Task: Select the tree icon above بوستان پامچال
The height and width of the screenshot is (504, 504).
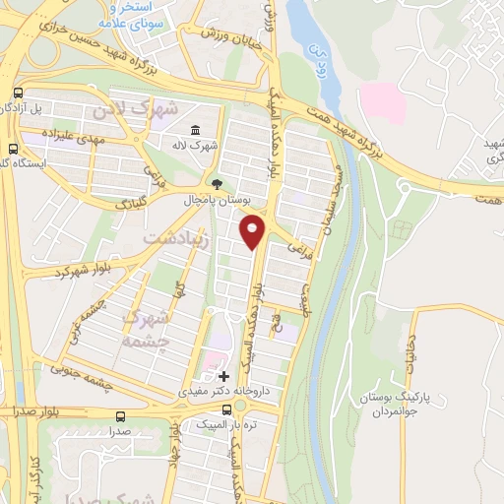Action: tap(217, 183)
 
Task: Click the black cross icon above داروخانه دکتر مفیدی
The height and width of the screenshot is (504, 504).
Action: tap(223, 376)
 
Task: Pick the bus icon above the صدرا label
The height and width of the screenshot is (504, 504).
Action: tap(120, 416)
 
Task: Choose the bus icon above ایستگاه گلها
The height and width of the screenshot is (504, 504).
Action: tap(12, 150)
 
